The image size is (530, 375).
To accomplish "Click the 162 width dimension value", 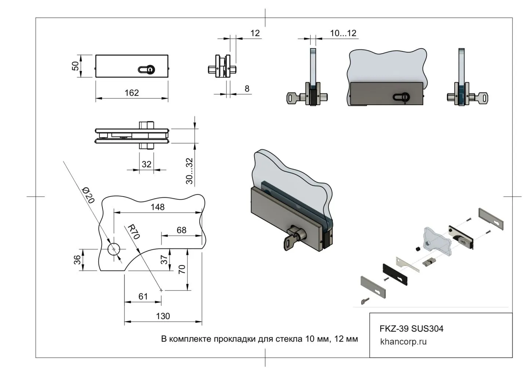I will (131, 93).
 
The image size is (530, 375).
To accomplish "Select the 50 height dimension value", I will (75, 66).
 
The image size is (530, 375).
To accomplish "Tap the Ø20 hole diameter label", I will (88, 195).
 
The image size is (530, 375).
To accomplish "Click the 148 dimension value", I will (157, 207).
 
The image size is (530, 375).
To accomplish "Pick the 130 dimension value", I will (163, 316).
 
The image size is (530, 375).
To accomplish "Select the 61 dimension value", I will (143, 296).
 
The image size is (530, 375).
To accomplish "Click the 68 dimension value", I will (181, 230).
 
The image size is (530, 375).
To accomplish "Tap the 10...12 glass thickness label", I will (343, 33).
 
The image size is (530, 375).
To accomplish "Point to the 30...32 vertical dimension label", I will (189, 171).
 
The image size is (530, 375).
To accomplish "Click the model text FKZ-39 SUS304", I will (411, 328).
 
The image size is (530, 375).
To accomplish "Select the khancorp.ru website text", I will (403, 342).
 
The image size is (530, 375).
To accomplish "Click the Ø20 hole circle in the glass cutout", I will (114, 249).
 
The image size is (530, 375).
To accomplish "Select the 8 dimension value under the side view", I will (247, 89).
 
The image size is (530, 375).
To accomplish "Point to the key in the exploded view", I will (365, 301).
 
